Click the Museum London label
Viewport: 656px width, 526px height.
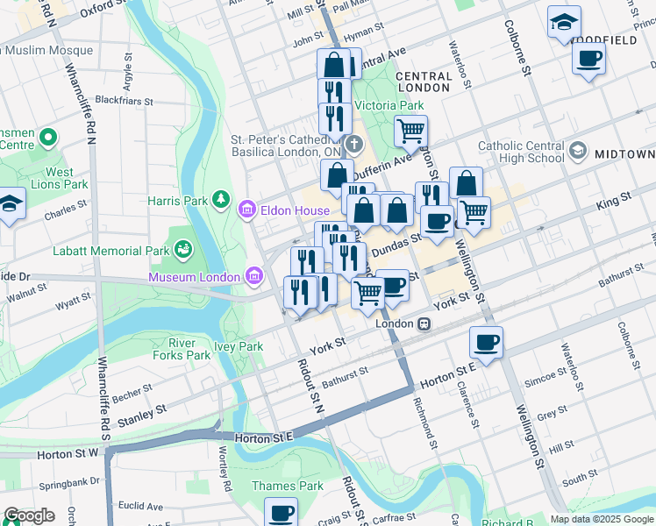coord(194,277)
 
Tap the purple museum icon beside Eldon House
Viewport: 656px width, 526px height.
coord(247,210)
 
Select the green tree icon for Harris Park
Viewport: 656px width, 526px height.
coord(219,201)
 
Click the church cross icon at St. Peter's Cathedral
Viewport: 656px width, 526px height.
coord(353,144)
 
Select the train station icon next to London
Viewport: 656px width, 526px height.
coord(424,323)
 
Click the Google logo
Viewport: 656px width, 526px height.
coord(29,515)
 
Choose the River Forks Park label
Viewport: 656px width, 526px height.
coord(189,349)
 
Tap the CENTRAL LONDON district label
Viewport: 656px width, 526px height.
coord(424,82)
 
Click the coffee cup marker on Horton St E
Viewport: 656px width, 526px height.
coord(485,341)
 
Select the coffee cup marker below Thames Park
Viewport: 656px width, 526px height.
coord(281,512)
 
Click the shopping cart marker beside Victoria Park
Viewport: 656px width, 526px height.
coord(410,131)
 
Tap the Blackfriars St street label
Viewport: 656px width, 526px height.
coord(124,101)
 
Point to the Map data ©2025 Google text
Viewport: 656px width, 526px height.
coord(601,519)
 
